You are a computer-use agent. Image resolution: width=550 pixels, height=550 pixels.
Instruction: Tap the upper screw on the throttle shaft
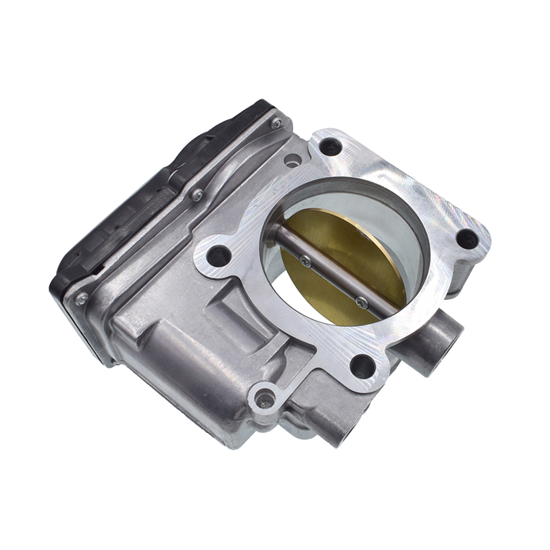pyautogui.click(x=305, y=260)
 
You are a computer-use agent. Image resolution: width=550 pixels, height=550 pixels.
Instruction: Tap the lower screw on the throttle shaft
pyautogui.click(x=361, y=302)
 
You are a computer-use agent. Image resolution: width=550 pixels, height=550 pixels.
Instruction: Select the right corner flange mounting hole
pyautogui.click(x=466, y=238)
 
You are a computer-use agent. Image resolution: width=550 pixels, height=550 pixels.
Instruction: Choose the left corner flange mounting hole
pyautogui.click(x=220, y=255)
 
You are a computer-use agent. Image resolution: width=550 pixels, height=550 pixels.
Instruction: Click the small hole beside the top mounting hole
pyautogui.click(x=292, y=161)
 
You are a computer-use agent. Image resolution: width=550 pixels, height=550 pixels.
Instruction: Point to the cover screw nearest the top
pyautogui.click(x=275, y=123)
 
